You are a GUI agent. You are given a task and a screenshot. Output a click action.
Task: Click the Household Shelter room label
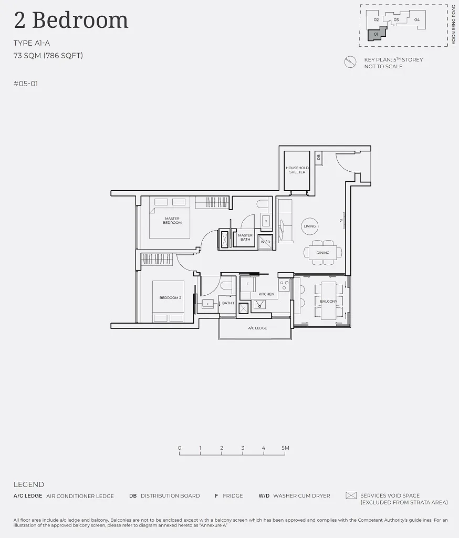297,170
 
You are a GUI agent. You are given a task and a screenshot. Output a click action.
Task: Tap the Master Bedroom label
172,220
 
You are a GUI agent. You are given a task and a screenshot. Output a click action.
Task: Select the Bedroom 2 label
170,297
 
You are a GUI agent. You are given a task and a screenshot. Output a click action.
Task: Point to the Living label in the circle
310,226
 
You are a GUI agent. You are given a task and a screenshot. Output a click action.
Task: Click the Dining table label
323,253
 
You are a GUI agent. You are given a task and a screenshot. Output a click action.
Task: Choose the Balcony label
328,301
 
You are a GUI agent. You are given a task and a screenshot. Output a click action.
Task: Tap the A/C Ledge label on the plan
257,328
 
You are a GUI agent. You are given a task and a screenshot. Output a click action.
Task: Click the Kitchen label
266,294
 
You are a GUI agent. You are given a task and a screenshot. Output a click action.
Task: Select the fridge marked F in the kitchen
248,284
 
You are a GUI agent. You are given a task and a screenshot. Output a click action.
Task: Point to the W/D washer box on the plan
266,242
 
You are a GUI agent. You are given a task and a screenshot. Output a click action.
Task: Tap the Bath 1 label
228,303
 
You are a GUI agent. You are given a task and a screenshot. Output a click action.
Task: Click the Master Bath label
245,237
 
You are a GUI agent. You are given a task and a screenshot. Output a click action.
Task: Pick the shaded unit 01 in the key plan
377,34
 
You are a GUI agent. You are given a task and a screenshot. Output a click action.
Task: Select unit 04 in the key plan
417,19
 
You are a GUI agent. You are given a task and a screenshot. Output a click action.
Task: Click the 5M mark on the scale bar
285,448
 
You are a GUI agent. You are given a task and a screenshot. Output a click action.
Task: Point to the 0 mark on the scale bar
180,448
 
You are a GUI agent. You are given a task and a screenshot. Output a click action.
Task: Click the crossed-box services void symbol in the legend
351,495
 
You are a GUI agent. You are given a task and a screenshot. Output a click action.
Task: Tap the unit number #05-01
26,84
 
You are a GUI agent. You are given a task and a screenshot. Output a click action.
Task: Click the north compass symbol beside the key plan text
350,62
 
